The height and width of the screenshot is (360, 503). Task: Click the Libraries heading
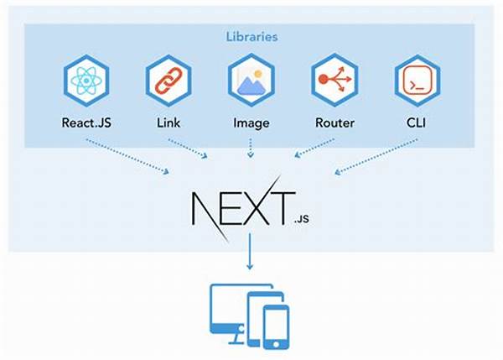[x=251, y=37]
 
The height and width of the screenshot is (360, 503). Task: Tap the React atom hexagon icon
[x=86, y=81]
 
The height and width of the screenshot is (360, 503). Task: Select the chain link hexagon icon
[x=169, y=81]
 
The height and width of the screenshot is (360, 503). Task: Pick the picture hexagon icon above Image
[x=251, y=81]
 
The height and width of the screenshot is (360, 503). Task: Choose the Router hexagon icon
[x=334, y=81]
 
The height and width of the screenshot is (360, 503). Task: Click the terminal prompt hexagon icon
[x=417, y=81]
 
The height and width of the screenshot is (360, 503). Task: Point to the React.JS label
[x=86, y=123]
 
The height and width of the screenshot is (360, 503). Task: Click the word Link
[x=169, y=123]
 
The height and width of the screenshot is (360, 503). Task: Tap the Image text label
[x=251, y=123]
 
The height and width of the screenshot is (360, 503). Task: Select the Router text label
[x=334, y=123]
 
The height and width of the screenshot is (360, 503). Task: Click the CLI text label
[x=417, y=123]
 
